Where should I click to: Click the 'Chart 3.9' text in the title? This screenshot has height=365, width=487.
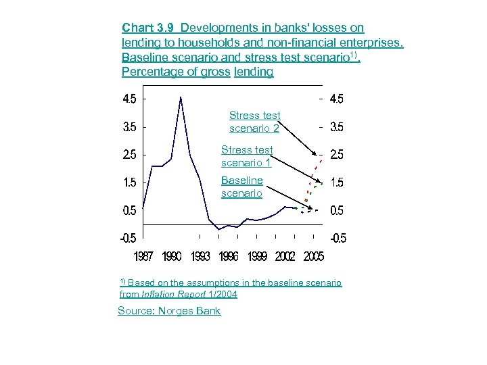[148, 28]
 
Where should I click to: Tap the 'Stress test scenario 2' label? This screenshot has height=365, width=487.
[254, 122]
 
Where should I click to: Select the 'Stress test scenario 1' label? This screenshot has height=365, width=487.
[247, 156]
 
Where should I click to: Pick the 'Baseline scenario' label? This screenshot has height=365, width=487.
[242, 187]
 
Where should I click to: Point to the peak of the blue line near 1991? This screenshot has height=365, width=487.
[180, 98]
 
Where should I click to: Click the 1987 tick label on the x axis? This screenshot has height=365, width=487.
[143, 257]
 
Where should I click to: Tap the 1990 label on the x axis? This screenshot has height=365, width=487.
[172, 257]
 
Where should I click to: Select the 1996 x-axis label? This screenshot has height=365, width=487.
[229, 257]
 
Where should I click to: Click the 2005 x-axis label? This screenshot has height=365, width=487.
[313, 257]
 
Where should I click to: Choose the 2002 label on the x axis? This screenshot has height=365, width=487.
[285, 257]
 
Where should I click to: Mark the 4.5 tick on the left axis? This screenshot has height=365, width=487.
[129, 99]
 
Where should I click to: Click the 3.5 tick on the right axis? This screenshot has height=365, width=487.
[336, 127]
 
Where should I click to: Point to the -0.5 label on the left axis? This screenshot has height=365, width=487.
[128, 239]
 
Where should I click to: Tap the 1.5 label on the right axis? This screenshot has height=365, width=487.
[336, 183]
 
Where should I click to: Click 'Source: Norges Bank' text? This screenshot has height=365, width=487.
[169, 310]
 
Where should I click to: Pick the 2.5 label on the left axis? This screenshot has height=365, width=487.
[129, 155]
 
